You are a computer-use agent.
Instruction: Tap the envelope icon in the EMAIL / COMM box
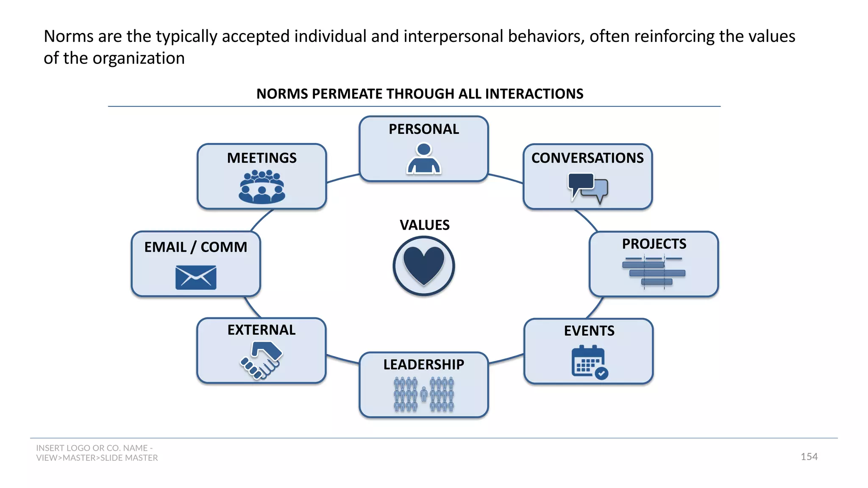[x=196, y=277]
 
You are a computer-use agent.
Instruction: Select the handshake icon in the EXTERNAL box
[x=262, y=360]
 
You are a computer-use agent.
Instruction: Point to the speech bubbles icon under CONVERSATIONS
[x=588, y=188]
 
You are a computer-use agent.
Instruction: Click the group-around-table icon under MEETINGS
[x=262, y=187]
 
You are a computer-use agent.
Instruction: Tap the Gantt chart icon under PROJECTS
[x=654, y=271]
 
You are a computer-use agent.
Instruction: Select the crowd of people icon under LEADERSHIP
[x=424, y=394]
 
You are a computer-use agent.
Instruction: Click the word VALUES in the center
[x=424, y=225]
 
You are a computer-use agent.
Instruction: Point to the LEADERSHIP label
[x=423, y=364]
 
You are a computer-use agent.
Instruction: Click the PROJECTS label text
[x=654, y=244]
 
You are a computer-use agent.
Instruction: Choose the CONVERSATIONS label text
[x=587, y=158]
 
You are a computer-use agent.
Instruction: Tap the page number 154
[x=809, y=457]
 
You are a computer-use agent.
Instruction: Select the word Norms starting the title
[x=68, y=36]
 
